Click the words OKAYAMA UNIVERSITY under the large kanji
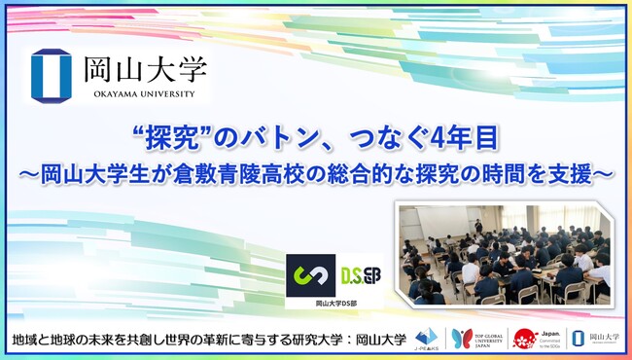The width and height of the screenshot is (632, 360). pyautogui.click(x=145, y=95)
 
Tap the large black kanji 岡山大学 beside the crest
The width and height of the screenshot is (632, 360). pyautogui.click(x=145, y=68)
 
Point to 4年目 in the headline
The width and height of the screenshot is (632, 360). pyautogui.click(x=466, y=138)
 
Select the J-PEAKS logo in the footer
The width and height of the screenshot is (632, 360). pyautogui.click(x=425, y=340)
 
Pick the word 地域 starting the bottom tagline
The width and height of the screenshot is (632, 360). pyautogui.click(x=29, y=340)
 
